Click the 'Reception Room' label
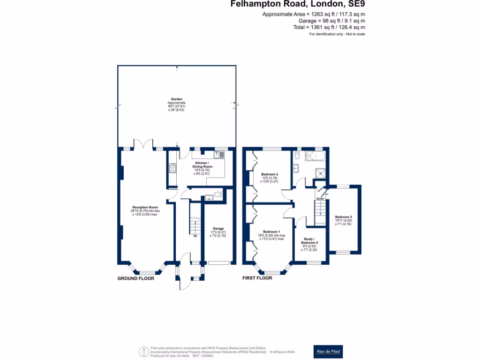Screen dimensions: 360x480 point(145,207)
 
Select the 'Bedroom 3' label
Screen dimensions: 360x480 point(343,217)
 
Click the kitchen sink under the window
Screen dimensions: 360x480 point(219,154)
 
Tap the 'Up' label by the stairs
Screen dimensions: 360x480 point(195,236)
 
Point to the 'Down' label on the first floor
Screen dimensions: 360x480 point(320,199)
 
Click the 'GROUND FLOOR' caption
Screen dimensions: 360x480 point(135,278)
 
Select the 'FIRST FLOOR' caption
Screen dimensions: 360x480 point(257,278)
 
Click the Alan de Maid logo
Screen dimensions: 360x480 point(327,351)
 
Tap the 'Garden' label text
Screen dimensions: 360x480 point(176,99)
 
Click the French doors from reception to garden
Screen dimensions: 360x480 point(143,145)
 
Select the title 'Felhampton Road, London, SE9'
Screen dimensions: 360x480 point(297,4)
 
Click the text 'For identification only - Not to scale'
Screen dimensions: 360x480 point(337,34)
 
